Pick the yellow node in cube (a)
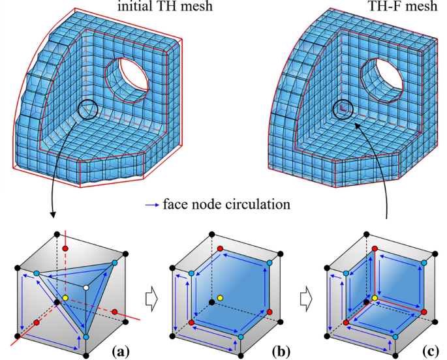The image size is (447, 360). (x=65, y=299)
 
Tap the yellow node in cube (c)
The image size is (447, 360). (x=375, y=299)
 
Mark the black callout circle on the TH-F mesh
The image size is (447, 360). (x=343, y=108)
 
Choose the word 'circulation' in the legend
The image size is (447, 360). (x=256, y=204)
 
